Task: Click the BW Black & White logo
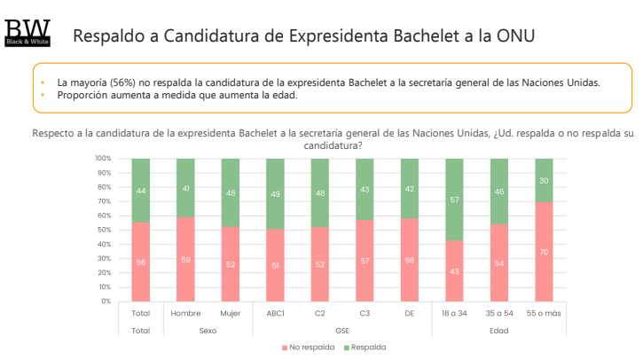tap(27, 31)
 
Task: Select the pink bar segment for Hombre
tap(186, 259)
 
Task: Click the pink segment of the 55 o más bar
tap(544, 251)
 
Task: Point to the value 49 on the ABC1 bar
tap(276, 194)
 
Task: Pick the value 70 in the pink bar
tap(544, 252)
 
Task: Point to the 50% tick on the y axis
tap(104, 230)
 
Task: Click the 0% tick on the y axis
tap(106, 301)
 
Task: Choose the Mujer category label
tap(231, 313)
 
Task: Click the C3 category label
tap(365, 313)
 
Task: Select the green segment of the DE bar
tap(410, 188)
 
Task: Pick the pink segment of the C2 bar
tap(320, 263)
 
